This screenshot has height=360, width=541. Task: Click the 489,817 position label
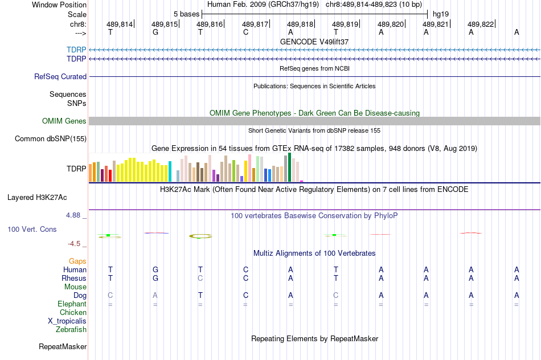tap(255, 24)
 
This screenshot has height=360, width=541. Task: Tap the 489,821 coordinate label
tap(436, 24)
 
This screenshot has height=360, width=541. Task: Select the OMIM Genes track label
tap(64, 121)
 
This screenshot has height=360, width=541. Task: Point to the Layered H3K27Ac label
tap(37, 198)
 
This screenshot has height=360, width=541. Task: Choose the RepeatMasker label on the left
tap(63, 346)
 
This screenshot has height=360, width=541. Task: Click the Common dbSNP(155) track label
tap(51, 138)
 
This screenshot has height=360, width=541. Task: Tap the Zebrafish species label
tap(71, 329)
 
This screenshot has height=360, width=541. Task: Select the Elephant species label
tap(72, 304)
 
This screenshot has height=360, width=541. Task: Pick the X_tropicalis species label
tap(67, 321)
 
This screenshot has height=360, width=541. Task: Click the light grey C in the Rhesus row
tap(200, 279)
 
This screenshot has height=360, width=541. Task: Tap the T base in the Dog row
tap(200, 295)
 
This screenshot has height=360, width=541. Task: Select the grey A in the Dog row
tap(155, 295)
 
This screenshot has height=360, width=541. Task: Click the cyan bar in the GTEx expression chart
tap(170, 172)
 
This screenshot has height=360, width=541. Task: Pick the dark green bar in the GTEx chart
tap(289, 167)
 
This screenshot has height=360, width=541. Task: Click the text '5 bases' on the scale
tap(186, 13)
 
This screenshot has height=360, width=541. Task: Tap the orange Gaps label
tap(77, 261)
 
